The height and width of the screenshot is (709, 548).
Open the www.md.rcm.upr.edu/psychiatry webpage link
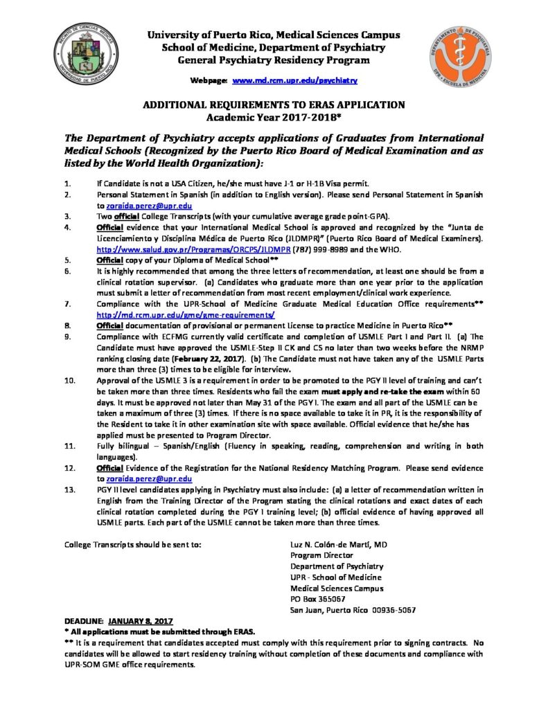pyautogui.click(x=294, y=81)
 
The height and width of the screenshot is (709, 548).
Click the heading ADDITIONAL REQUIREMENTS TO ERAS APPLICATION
pyautogui.click(x=273, y=105)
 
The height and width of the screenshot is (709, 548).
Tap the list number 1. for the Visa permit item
pyautogui.click(x=67, y=186)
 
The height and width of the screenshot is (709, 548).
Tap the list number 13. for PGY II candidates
pyautogui.click(x=69, y=490)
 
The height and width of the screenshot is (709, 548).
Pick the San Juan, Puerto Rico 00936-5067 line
pyautogui.click(x=353, y=609)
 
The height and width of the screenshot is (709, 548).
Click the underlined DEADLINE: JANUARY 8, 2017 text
pyautogui.click(x=118, y=621)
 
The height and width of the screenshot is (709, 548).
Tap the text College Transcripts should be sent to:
pyautogui.click(x=133, y=544)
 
